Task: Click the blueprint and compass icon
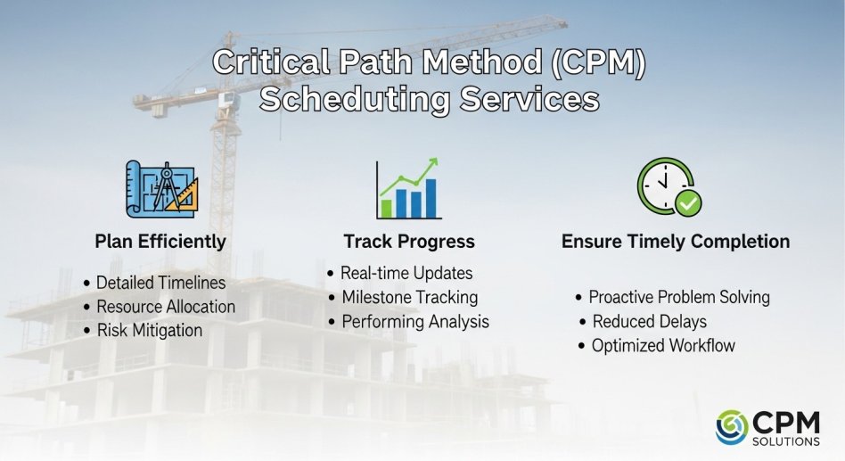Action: point(161,189)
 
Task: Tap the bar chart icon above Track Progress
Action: point(408,188)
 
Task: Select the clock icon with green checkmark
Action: point(669,186)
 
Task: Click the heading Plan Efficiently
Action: point(160,241)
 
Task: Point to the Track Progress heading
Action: point(409,241)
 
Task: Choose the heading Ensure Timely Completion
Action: point(676,241)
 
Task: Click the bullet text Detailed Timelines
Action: point(160,283)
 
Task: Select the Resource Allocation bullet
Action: point(166,306)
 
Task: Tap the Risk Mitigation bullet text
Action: point(149,330)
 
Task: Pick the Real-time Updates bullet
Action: point(406,273)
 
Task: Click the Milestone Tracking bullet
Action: point(409,297)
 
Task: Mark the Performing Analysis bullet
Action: point(415,321)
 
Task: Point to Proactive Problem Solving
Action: point(679,297)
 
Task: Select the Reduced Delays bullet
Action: point(650,321)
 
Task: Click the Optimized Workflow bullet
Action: point(663,345)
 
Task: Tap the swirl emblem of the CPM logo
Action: point(732,427)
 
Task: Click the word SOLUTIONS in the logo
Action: point(785,441)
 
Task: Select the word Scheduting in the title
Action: point(355,100)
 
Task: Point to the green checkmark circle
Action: point(688,203)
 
